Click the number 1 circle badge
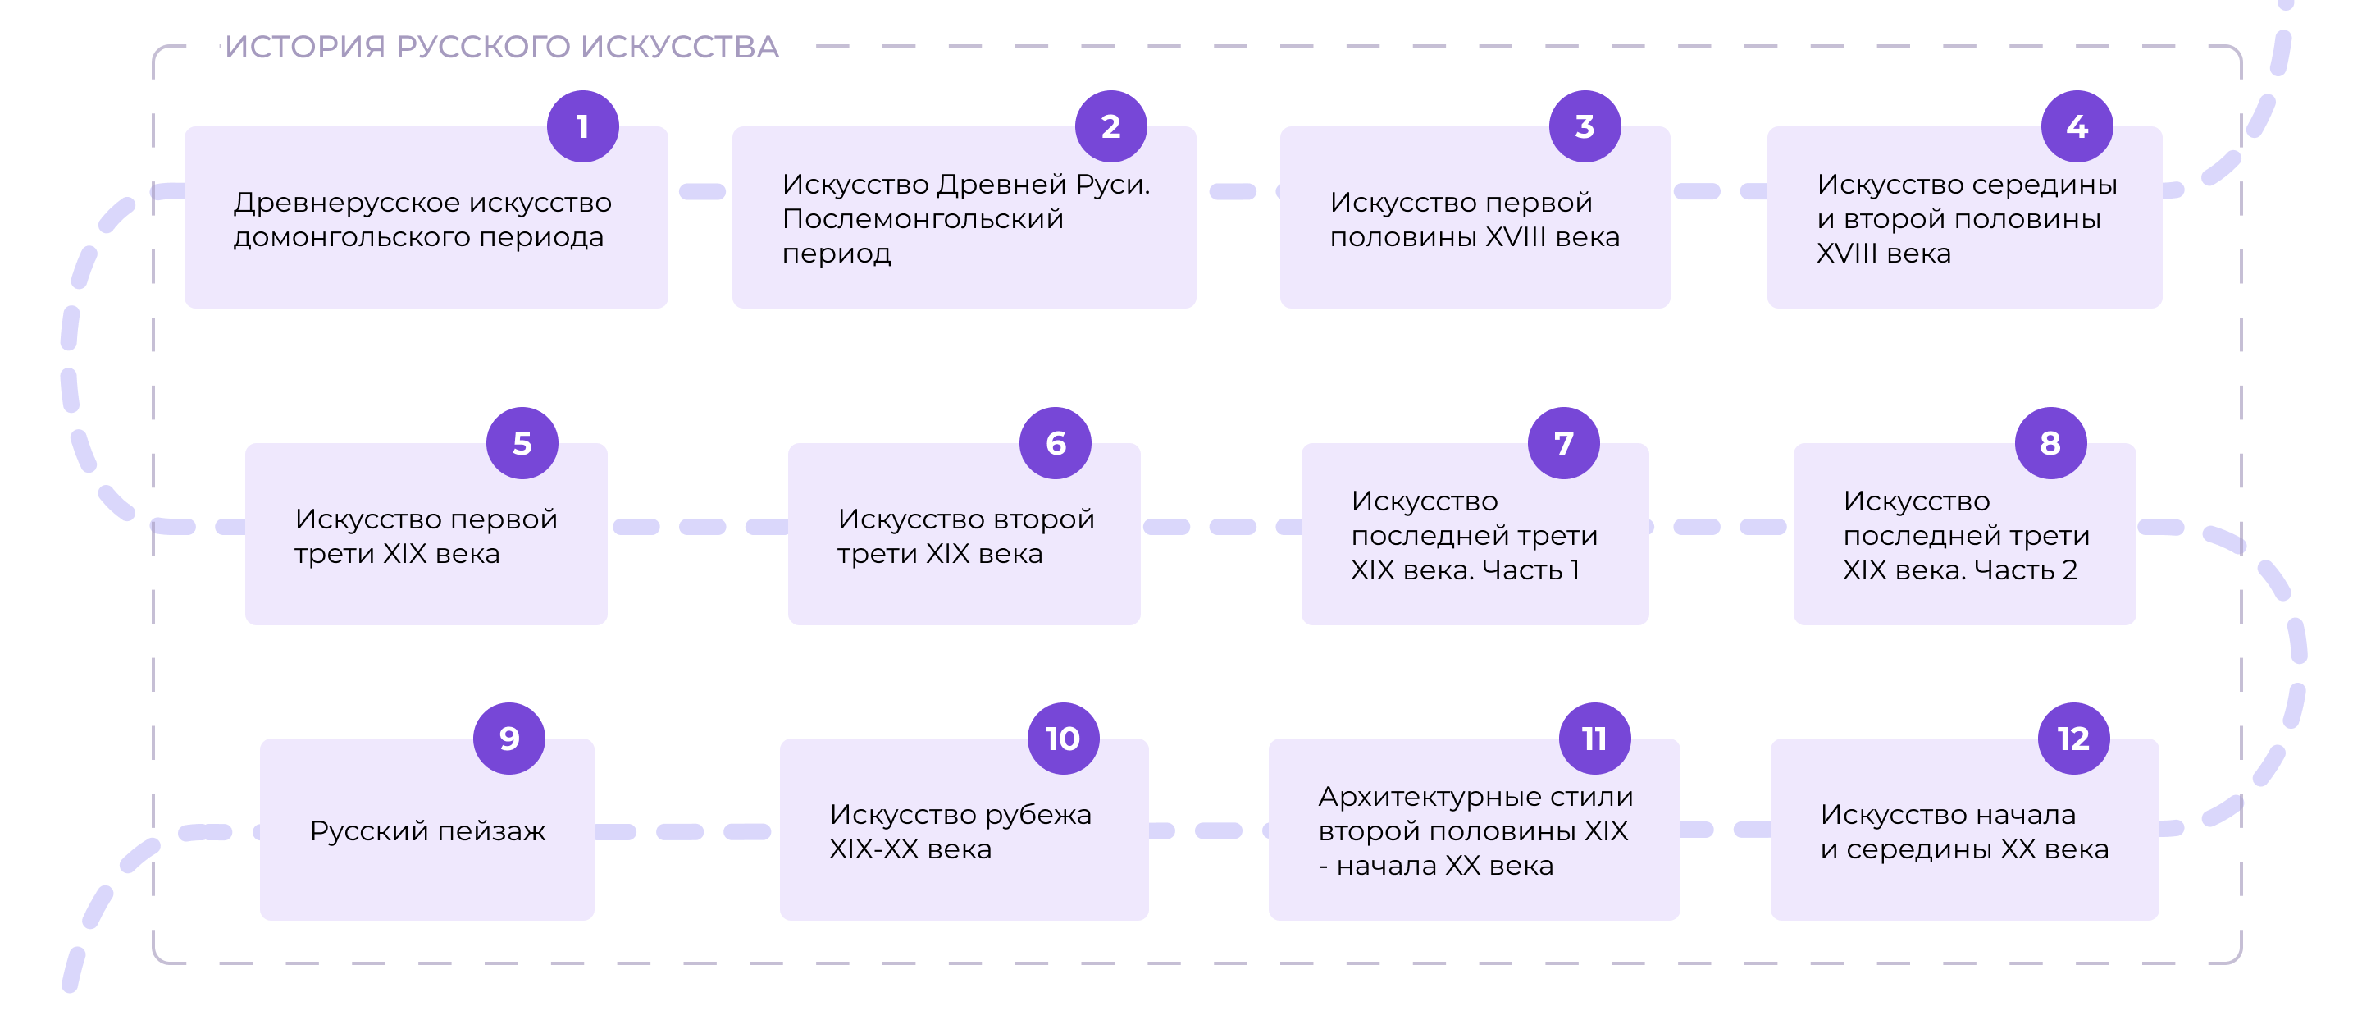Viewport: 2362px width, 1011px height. (x=582, y=126)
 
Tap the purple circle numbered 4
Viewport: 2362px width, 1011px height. (x=2077, y=126)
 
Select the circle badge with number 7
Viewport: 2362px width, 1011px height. (x=1563, y=443)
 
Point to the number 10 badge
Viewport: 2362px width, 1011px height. (x=1063, y=739)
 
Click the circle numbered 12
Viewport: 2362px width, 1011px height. (x=2073, y=739)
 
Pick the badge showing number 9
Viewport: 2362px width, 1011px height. (x=508, y=739)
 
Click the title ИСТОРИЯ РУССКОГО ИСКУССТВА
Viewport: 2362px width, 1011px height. (x=502, y=47)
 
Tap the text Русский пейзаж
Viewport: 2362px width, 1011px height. (x=427, y=831)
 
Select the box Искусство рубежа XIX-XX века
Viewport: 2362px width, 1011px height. (x=964, y=830)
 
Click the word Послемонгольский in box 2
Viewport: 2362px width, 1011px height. (x=923, y=219)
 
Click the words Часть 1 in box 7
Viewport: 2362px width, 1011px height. (x=1530, y=570)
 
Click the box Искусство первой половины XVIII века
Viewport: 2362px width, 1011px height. (x=1475, y=217)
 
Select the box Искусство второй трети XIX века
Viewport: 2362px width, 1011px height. (x=964, y=534)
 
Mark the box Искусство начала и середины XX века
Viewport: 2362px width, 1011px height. (x=1964, y=830)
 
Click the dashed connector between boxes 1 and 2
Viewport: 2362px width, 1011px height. (x=701, y=192)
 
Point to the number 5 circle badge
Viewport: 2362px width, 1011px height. (x=522, y=443)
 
